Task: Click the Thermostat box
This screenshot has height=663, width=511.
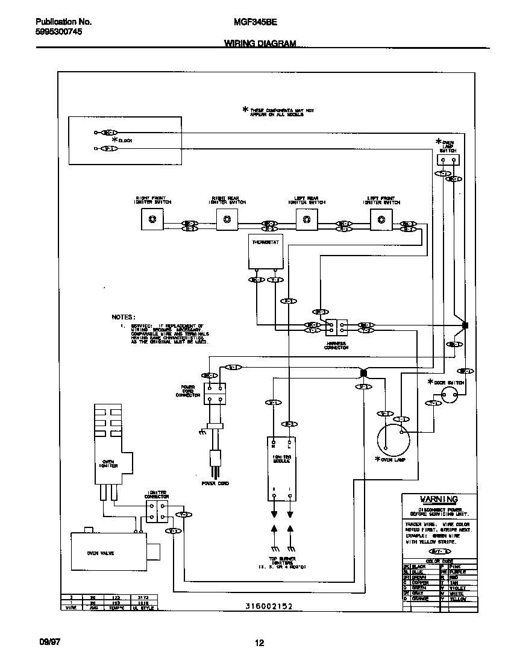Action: [265, 252]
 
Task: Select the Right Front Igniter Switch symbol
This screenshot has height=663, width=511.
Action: [152, 219]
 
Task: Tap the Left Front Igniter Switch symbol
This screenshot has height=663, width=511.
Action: [381, 219]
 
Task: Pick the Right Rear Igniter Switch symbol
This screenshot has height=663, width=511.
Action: [227, 219]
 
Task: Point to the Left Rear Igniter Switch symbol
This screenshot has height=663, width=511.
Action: [306, 219]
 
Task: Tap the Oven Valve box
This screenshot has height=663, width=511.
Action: [108, 552]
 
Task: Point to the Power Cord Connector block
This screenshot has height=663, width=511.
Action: [215, 392]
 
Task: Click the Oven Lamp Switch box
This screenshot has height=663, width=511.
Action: [448, 159]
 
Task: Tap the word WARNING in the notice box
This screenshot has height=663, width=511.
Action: [439, 499]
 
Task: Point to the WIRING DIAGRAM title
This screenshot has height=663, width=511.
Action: [260, 43]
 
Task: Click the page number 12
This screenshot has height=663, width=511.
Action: [259, 643]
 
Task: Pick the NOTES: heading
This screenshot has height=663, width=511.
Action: [124, 316]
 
